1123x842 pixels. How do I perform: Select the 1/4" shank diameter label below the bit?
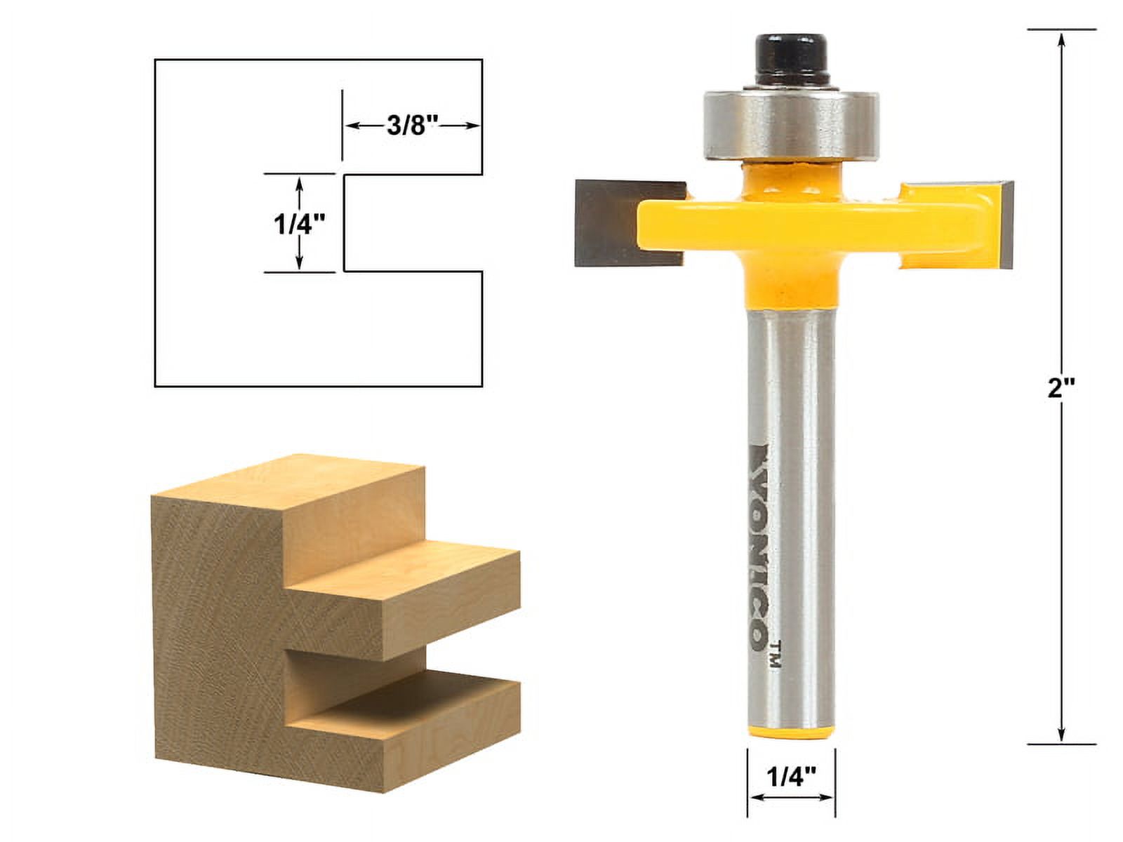click(x=791, y=777)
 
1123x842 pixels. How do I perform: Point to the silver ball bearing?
click(x=791, y=123)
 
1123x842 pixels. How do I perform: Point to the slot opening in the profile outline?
click(x=412, y=223)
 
